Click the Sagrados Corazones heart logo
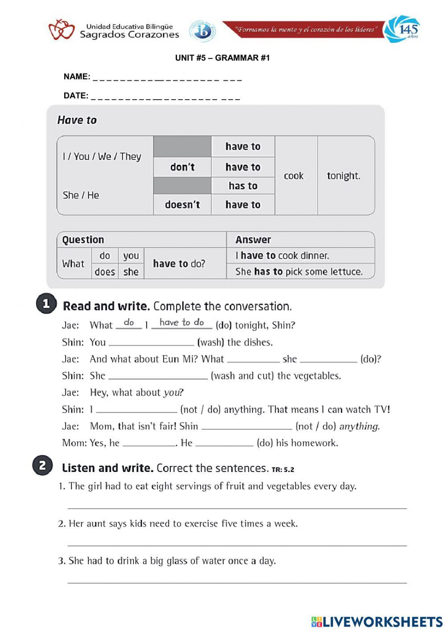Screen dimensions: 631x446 (x=61, y=29)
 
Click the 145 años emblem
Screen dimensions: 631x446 (x=402, y=29)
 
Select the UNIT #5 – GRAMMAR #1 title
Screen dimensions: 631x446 (x=222, y=58)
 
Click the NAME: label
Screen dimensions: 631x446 (x=77, y=77)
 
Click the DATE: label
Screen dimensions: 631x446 (x=76, y=96)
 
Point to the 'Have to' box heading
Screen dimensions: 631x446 (x=77, y=120)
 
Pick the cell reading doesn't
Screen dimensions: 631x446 (x=182, y=205)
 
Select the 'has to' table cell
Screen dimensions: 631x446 (x=243, y=186)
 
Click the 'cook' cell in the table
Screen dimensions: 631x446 (x=293, y=176)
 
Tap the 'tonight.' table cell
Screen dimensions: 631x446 (x=343, y=176)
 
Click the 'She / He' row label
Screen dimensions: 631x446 (x=81, y=195)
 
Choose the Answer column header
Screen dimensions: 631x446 (x=253, y=240)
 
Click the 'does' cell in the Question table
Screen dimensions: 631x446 (x=105, y=272)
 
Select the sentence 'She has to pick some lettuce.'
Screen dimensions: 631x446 (x=299, y=272)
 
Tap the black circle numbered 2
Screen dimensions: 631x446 (x=42, y=466)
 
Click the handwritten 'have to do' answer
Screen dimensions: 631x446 (x=182, y=322)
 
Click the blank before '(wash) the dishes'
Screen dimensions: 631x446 (x=152, y=343)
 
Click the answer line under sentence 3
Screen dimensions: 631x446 (x=237, y=581)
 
